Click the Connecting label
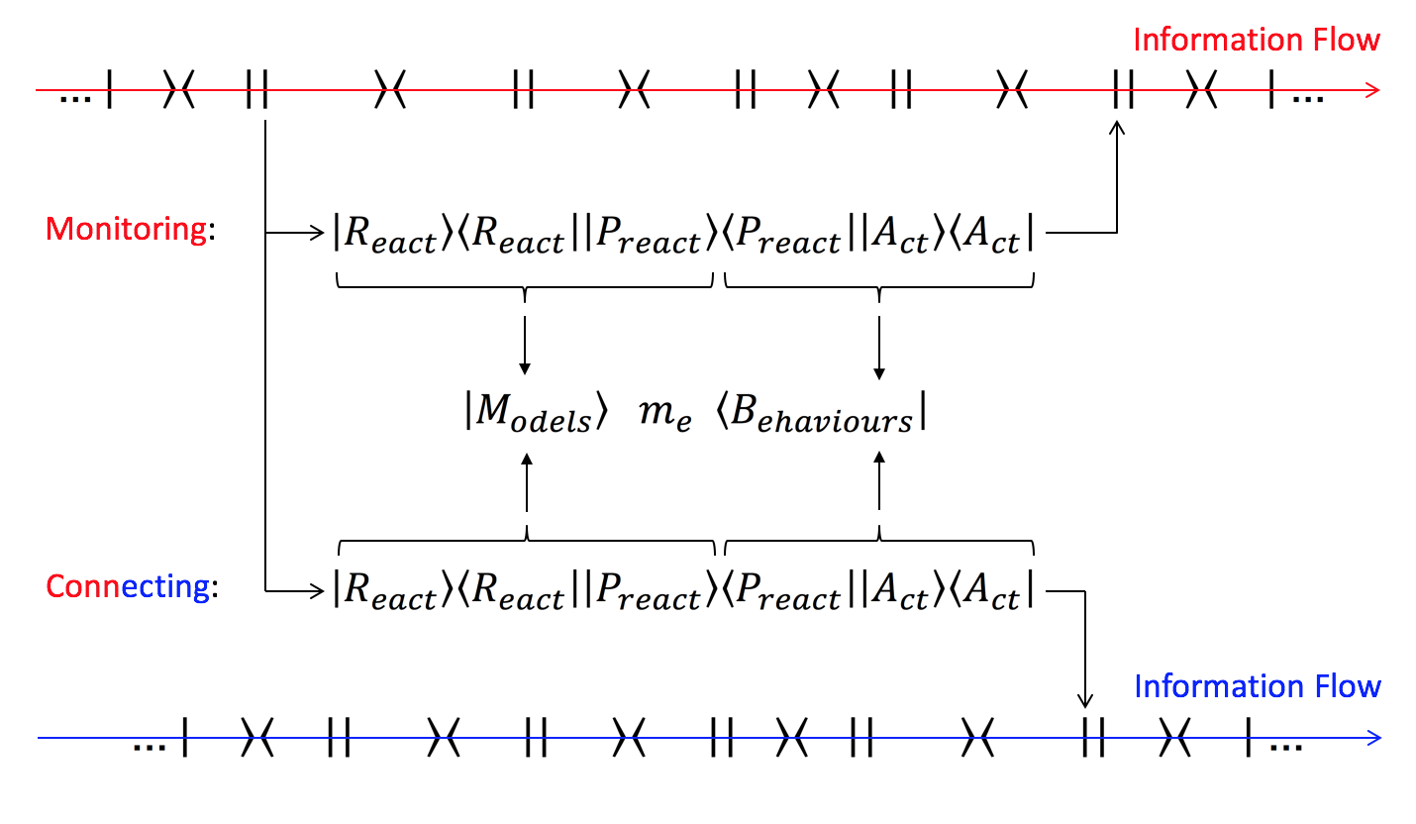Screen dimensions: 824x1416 point(127,587)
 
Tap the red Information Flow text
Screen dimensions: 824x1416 point(1256,41)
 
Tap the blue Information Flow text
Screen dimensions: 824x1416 point(1257,686)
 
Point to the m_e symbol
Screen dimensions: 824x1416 point(663,418)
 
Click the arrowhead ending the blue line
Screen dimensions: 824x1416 point(1372,738)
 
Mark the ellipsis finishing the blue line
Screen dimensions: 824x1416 point(1286,746)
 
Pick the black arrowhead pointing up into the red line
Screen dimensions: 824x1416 point(1118,127)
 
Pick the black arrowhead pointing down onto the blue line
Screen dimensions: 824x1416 point(1086,701)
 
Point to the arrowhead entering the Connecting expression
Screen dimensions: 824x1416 point(319,591)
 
